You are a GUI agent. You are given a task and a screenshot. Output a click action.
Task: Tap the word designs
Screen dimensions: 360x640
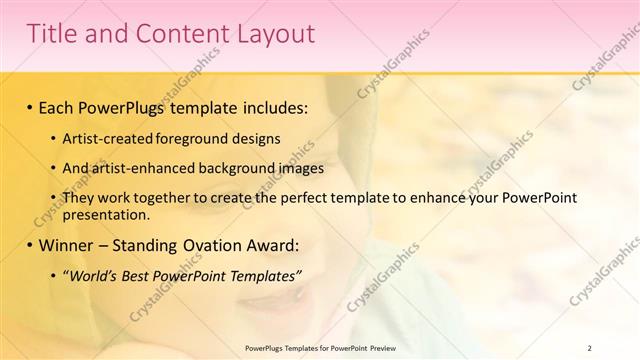pos(265,138)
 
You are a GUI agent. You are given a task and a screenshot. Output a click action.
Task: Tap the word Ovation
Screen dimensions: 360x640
pos(217,244)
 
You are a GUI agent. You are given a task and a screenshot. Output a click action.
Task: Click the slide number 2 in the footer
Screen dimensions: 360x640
pos(590,347)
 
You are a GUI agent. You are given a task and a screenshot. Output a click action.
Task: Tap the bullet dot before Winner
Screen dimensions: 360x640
pos(30,245)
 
